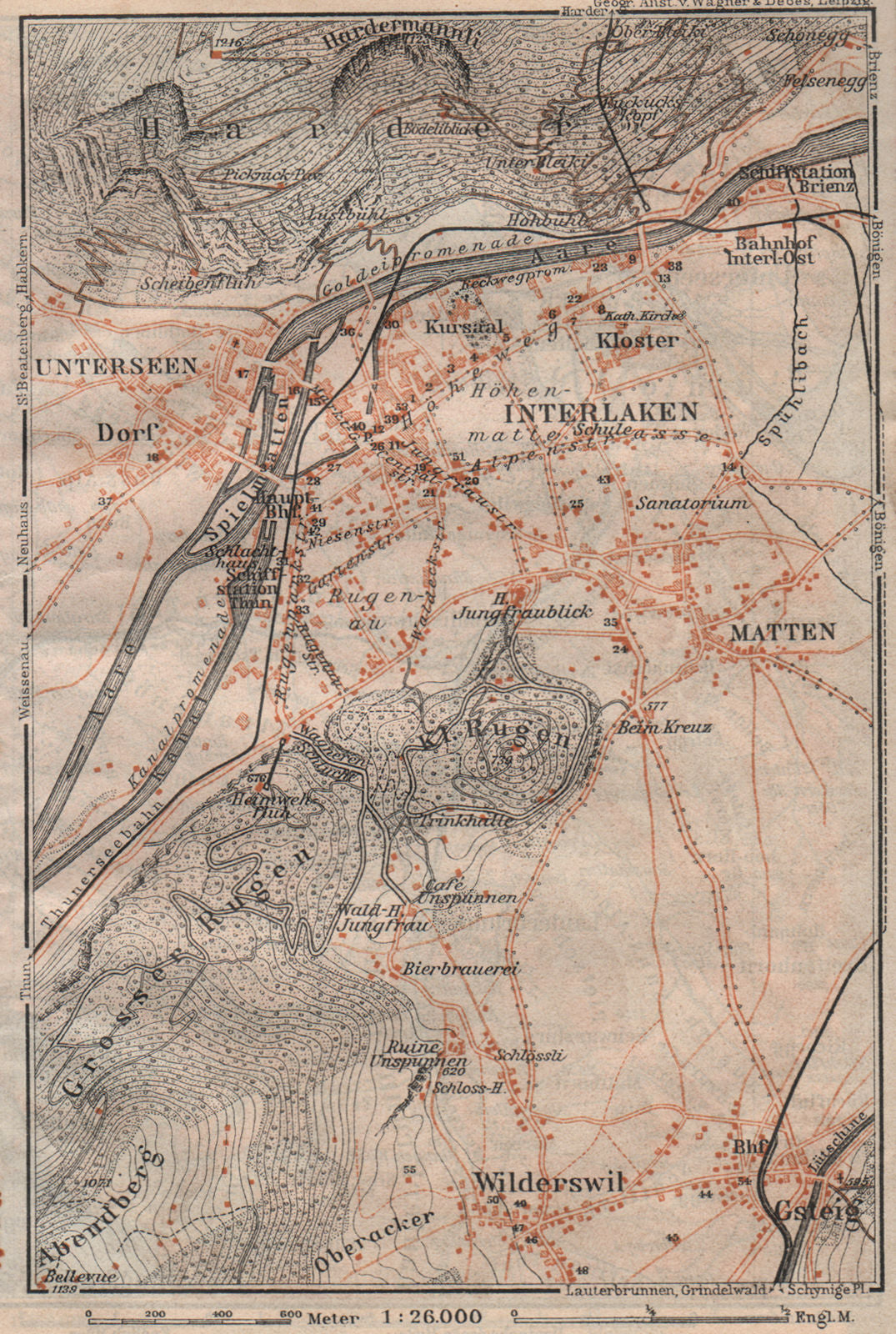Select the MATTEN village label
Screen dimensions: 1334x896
coord(782,632)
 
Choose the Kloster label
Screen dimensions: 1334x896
coord(648,340)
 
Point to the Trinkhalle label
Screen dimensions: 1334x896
coord(458,820)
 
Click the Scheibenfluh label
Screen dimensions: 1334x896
coord(189,282)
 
